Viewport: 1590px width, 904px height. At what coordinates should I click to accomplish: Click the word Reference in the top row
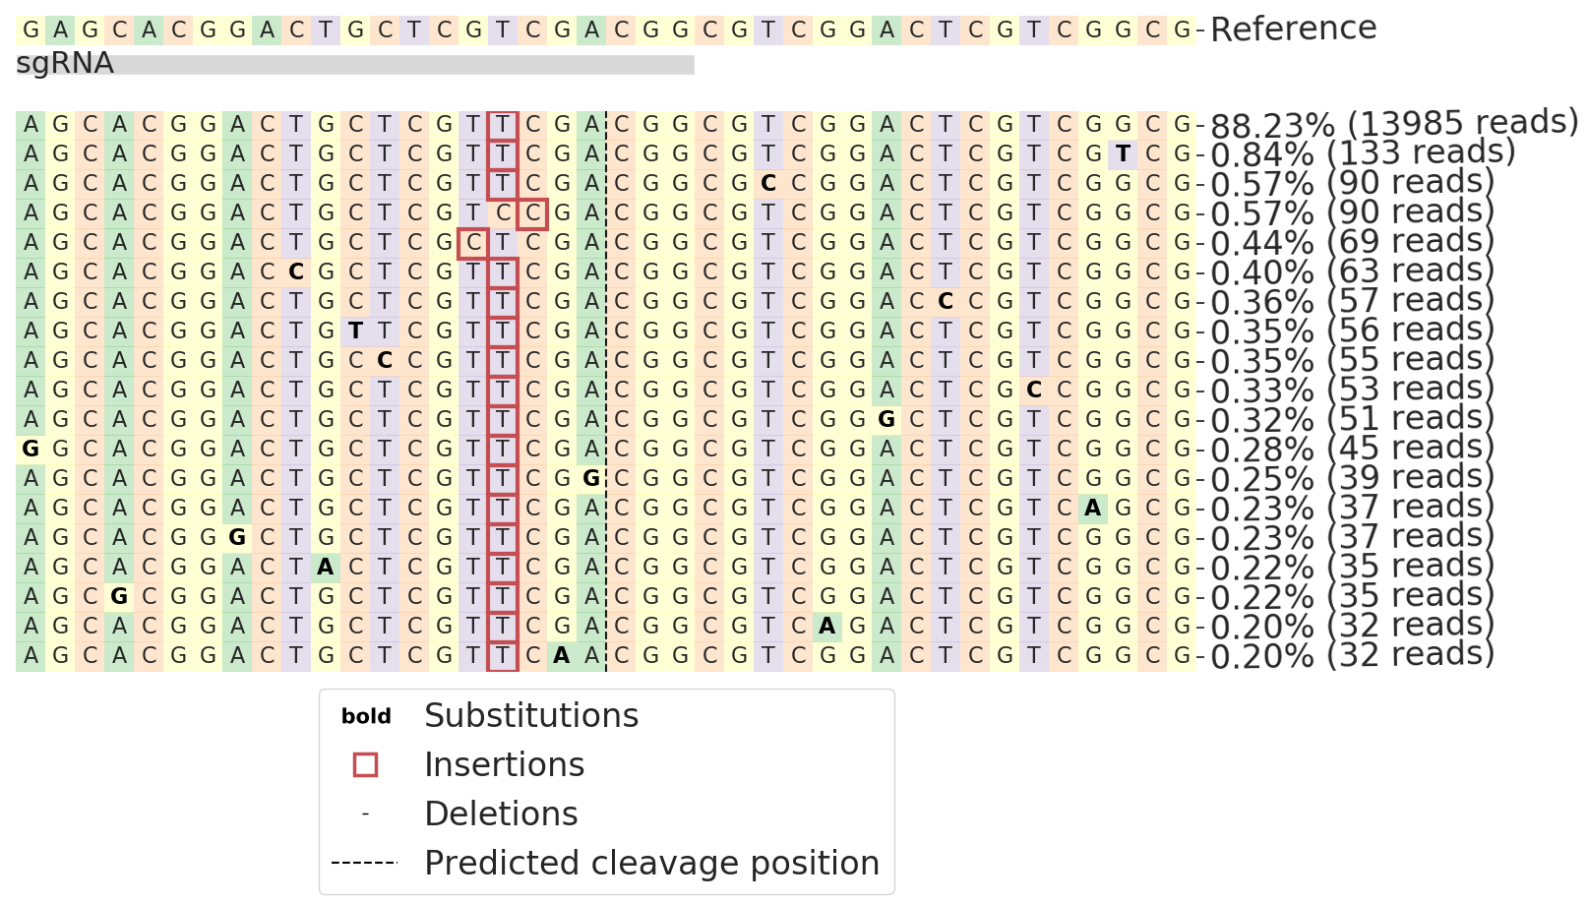(1293, 30)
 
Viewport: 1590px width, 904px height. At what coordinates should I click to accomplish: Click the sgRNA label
(65, 64)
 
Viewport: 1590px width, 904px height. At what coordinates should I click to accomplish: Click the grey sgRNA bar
(403, 65)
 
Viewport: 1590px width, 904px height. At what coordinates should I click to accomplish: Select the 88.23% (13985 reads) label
(1393, 124)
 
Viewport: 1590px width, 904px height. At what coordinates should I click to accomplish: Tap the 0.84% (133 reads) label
(1362, 153)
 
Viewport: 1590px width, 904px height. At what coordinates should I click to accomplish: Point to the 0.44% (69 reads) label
(1352, 242)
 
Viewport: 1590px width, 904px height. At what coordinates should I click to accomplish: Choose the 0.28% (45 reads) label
(1352, 449)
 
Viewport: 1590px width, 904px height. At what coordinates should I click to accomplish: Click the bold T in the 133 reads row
(1123, 154)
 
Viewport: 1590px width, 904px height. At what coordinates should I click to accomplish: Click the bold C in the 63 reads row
(296, 272)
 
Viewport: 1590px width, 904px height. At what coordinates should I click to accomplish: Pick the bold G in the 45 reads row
(31, 450)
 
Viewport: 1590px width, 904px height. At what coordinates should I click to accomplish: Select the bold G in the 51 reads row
(887, 420)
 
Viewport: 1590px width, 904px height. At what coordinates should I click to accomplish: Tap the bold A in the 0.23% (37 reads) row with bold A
(1093, 509)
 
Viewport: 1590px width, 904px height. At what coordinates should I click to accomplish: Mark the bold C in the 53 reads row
(1034, 391)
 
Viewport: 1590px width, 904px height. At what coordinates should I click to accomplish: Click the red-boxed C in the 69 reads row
(473, 243)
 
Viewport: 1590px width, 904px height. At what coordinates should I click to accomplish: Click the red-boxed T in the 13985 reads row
(503, 125)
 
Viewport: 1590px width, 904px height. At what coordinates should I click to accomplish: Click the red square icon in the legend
(365, 765)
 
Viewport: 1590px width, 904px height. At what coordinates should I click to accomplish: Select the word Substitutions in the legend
(531, 716)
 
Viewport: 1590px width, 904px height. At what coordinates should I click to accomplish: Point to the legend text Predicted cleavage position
(651, 864)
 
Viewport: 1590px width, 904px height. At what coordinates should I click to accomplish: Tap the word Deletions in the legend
(501, 814)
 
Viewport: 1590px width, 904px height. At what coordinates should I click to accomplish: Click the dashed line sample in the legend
(364, 864)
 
